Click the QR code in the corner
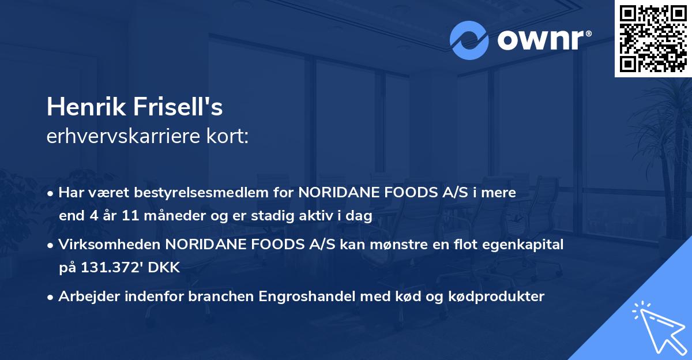(x=653, y=39)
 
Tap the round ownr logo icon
(x=470, y=40)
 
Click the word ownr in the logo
(x=544, y=40)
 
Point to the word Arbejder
(x=86, y=297)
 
